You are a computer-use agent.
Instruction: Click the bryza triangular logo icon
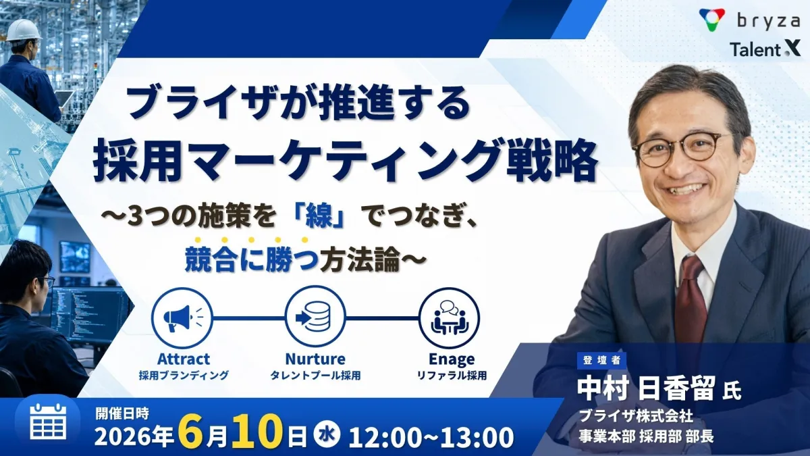coord(712,20)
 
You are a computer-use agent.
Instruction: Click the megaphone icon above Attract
coord(182,318)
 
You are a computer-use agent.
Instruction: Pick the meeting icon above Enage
coord(450,318)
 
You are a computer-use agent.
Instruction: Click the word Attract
coord(184,359)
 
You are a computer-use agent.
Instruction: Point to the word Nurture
coord(315,359)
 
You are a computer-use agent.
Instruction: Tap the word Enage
coord(452,359)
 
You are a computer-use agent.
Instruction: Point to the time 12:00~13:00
coord(431,436)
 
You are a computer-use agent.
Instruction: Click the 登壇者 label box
coord(601,360)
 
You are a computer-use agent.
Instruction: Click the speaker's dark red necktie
coord(692,296)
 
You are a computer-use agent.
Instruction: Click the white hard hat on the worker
coord(24,30)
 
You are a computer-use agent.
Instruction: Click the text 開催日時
coord(122,413)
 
